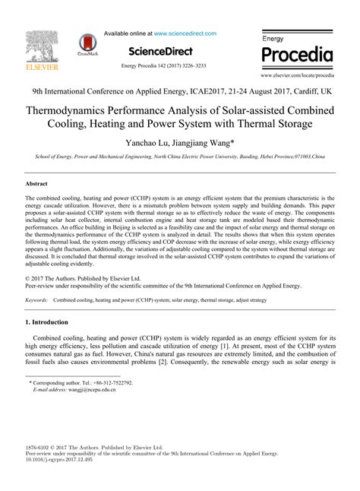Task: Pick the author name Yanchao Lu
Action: pyautogui.click(x=150, y=141)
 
